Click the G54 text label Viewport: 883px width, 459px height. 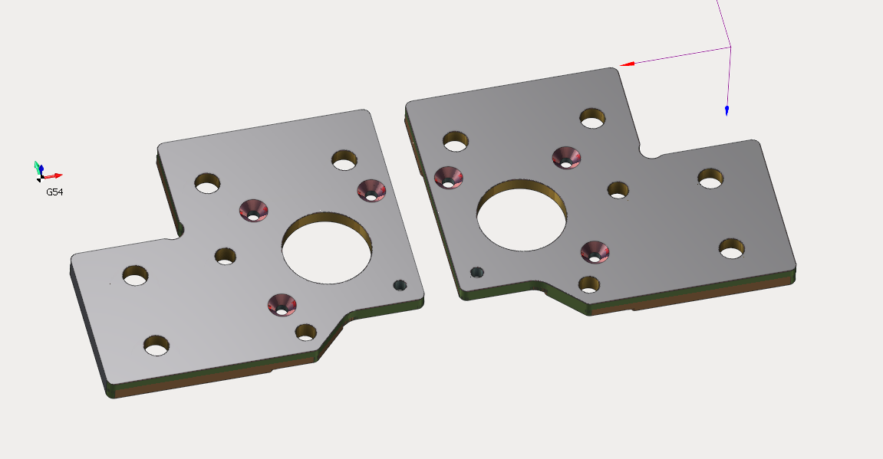[x=54, y=192]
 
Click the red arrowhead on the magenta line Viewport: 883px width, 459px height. [x=627, y=64]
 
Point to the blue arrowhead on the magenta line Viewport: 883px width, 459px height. [x=726, y=111]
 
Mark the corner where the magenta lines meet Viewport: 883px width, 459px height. [x=730, y=48]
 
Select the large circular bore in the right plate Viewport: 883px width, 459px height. [x=522, y=215]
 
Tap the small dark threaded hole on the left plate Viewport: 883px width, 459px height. [x=400, y=285]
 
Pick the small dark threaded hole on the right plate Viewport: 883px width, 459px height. [x=477, y=272]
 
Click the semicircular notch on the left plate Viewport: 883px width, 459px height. [x=178, y=230]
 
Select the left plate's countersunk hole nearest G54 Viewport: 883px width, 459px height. [x=253, y=209]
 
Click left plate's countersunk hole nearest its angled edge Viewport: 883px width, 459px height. [x=283, y=303]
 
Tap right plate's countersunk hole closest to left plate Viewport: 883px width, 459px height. [x=448, y=176]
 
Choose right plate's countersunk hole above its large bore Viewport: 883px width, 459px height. [x=567, y=157]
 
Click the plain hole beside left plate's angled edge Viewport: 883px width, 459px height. [x=306, y=332]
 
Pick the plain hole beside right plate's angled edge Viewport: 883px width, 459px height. [x=589, y=284]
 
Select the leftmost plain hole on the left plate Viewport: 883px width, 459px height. [x=135, y=275]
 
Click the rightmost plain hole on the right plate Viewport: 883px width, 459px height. [x=731, y=248]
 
